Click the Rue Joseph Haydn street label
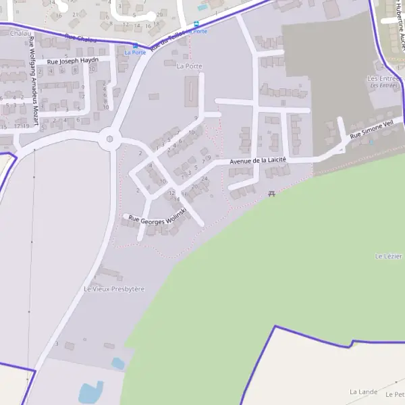pos(73,61)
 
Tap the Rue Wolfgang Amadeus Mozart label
pos(32,81)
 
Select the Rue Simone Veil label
pos(371,130)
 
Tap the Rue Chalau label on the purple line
pos(81,39)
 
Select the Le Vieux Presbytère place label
pos(114,289)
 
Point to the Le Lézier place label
pos(388,256)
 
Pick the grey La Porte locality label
pos(189,66)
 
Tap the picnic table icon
pos(271,194)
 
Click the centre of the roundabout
pos(109,141)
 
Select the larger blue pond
pos(90,392)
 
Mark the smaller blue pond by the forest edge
pos(118,363)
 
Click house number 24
pos(204,179)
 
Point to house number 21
pos(75,13)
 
